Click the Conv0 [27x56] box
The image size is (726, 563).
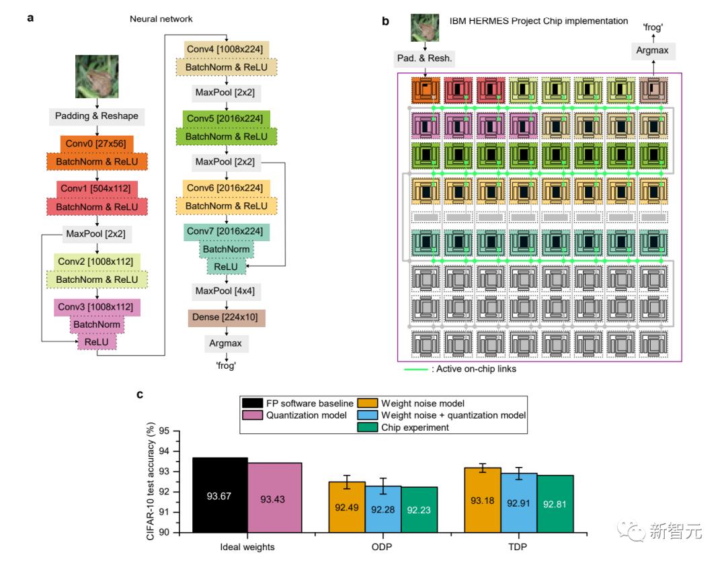coord(97,144)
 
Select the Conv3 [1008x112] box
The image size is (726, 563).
coord(97,307)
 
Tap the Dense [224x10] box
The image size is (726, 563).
coord(227,317)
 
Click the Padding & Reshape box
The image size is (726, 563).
coord(97,116)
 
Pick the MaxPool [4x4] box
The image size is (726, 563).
coord(225,292)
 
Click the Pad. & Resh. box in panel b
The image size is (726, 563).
coord(424,58)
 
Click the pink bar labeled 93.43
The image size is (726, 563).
coord(275,498)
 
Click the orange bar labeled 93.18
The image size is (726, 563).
coord(481,500)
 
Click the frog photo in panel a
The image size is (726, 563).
coord(97,76)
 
